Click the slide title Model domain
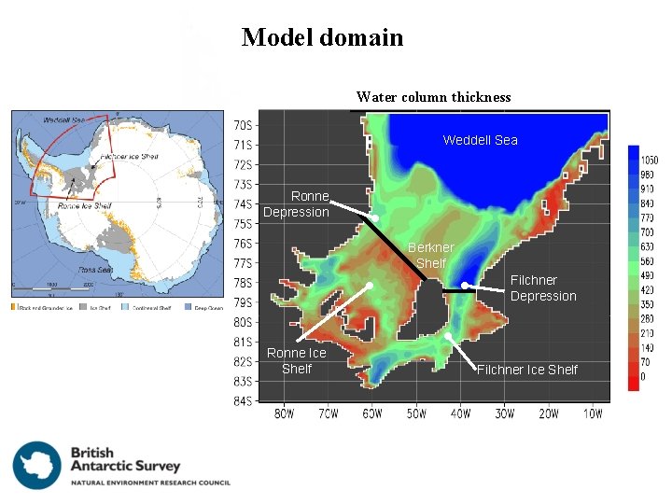point(322,38)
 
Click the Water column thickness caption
point(433,97)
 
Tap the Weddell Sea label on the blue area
point(480,140)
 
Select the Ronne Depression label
point(297,204)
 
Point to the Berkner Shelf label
point(430,255)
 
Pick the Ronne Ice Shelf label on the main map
point(296,360)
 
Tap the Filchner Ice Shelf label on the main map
point(527,370)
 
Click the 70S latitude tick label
point(241,125)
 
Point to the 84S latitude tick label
point(241,401)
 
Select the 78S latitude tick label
point(241,283)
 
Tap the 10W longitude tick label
point(593,414)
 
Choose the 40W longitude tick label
point(460,414)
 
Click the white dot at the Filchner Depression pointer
point(465,286)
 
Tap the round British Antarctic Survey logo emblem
point(36,465)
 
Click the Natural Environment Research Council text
point(150,483)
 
